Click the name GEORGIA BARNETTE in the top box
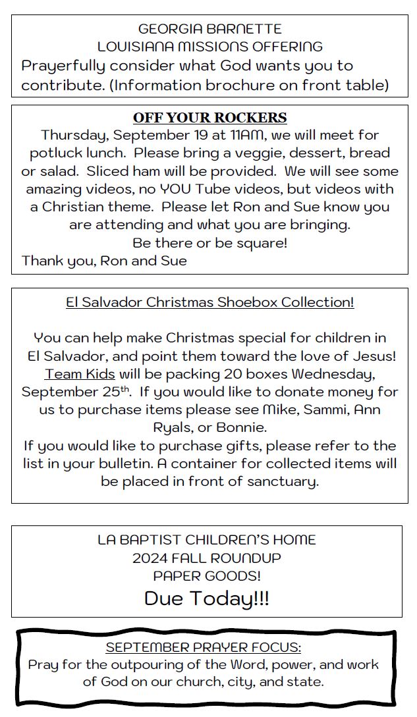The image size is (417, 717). click(209, 29)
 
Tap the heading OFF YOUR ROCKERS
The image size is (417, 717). click(209, 118)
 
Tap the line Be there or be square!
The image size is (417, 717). click(209, 242)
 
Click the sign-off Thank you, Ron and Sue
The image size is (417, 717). click(104, 261)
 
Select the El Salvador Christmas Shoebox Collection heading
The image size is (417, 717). click(209, 302)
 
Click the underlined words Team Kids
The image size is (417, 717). click(80, 374)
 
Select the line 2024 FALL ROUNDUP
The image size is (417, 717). click(206, 558)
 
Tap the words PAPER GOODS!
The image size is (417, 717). click(206, 576)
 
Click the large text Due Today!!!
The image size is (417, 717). click(206, 598)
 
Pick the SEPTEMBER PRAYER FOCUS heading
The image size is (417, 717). click(203, 647)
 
